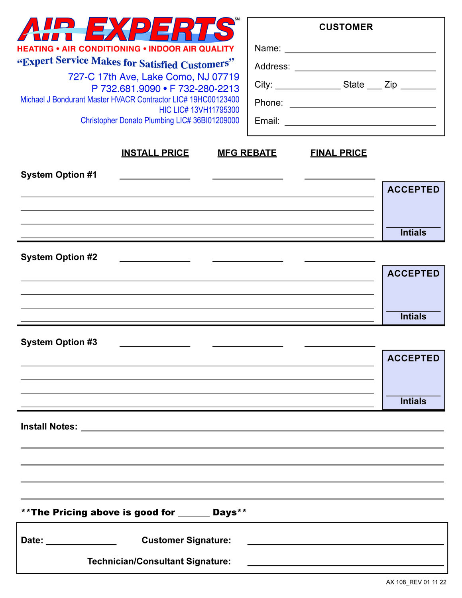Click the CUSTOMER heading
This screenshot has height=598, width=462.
point(346,27)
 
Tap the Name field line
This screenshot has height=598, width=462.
point(360,49)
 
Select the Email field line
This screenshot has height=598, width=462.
point(360,122)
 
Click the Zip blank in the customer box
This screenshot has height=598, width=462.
point(418,86)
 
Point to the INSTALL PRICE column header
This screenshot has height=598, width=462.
point(155,153)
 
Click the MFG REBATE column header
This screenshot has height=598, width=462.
point(247,153)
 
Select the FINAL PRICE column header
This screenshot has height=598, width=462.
point(338,153)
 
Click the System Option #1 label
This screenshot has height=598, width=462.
point(59,175)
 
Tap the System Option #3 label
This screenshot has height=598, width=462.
point(59,342)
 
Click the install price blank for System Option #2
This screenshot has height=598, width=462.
point(155,258)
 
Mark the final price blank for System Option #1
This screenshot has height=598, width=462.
point(340,176)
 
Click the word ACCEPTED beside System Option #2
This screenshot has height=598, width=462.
point(413,274)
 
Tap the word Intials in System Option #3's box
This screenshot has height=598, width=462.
point(413,401)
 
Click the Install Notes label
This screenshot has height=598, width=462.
point(49,427)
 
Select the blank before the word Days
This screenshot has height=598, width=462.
point(193,513)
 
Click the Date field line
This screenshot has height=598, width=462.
point(81,541)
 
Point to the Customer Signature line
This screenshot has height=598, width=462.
point(345,541)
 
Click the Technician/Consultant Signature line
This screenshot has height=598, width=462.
point(345,563)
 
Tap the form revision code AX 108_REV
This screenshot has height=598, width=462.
point(416,582)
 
